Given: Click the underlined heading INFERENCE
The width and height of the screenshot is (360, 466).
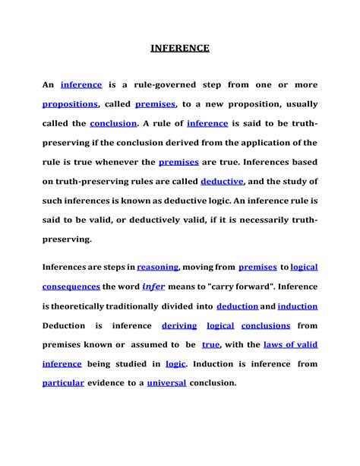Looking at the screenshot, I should (x=179, y=49).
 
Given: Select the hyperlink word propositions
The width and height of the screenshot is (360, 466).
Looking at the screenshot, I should (x=70, y=103).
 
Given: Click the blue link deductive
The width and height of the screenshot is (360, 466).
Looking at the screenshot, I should (x=222, y=181).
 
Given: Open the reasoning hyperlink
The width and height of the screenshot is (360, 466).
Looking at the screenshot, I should (x=158, y=267).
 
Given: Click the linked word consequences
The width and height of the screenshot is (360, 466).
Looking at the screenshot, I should (x=71, y=287).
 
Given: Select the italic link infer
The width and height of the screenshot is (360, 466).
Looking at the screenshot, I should (x=153, y=287).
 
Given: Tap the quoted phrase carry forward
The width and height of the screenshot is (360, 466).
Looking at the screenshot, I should (x=242, y=287).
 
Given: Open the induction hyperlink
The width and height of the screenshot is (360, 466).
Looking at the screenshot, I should (x=298, y=306).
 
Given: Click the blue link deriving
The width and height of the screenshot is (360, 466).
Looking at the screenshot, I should (x=179, y=325).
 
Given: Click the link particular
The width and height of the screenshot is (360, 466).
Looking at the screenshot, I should (x=63, y=383).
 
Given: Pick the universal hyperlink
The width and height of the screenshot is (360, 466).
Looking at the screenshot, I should (x=166, y=383).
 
